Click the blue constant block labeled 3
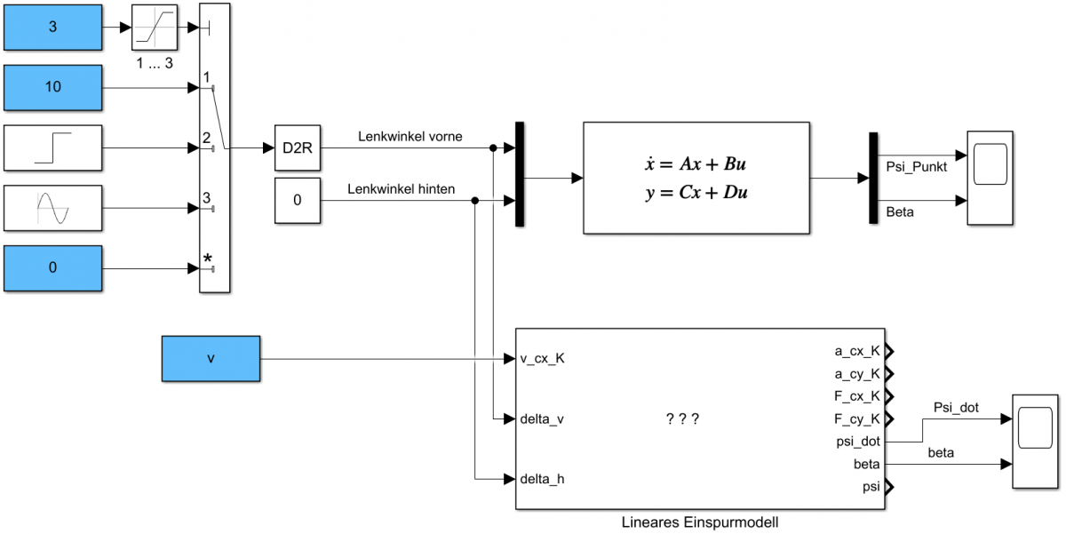coord(52,27)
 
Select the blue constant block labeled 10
coord(52,87)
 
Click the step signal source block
coord(52,147)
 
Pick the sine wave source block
coord(52,208)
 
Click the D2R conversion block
coord(297,147)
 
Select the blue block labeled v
coord(211,359)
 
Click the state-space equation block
coord(696,178)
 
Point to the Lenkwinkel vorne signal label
coord(410,137)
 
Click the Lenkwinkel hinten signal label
coord(402,188)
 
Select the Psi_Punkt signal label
coord(917,166)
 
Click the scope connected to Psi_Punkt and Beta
coord(990,177)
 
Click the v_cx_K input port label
coord(543,359)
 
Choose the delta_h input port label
coord(542,479)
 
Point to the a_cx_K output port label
coord(856,351)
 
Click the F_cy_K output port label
coord(856,418)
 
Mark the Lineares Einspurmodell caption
coord(699,522)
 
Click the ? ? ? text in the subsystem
coord(682,418)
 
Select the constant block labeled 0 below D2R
coord(297,199)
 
